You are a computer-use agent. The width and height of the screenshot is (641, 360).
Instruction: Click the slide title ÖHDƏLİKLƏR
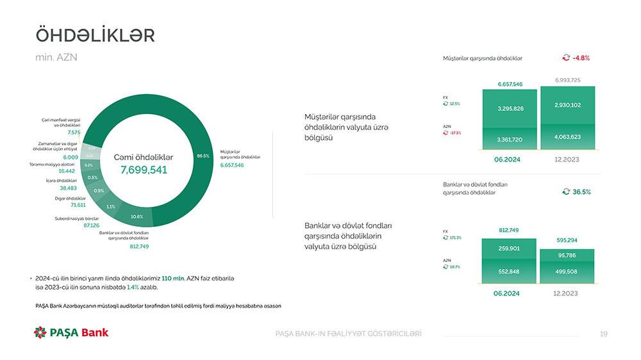point(95,35)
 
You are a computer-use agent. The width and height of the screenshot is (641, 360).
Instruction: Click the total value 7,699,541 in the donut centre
point(144,170)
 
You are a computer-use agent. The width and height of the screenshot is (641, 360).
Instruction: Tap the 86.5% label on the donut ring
point(203,156)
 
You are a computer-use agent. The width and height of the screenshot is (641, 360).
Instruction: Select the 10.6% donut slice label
point(137,217)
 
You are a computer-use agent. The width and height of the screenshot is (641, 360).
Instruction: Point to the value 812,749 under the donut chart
point(139,246)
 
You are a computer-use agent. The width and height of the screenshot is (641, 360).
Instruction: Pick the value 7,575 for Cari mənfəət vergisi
point(73,133)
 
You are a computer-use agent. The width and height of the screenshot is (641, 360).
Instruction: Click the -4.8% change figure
point(581,58)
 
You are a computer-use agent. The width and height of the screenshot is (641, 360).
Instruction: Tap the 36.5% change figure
point(581,192)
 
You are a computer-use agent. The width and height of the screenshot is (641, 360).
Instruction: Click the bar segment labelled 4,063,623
point(567,136)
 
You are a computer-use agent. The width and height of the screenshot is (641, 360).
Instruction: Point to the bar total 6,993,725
point(567,80)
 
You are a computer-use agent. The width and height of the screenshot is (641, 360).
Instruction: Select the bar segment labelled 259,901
point(508,249)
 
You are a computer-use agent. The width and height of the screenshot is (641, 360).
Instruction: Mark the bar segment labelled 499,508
point(567,271)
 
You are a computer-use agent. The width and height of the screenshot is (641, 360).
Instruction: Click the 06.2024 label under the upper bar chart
point(507,159)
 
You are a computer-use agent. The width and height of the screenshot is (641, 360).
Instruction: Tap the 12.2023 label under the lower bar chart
point(565,293)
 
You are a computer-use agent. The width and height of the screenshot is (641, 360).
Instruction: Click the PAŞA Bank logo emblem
point(40,332)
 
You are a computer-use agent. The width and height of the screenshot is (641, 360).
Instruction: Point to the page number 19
point(603,334)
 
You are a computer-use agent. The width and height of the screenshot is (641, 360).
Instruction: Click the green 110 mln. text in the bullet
point(174,279)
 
